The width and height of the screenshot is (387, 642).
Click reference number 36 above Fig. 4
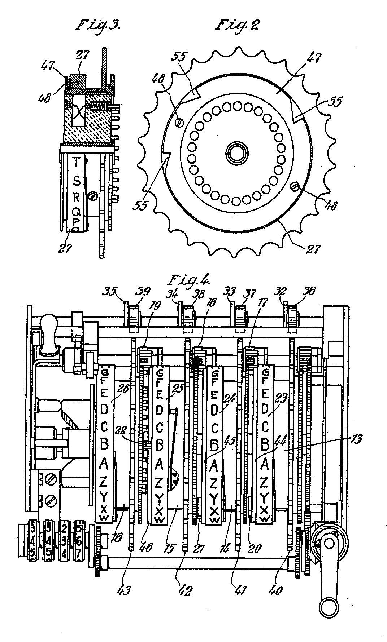(x=310, y=291)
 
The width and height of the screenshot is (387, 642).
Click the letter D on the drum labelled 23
(x=265, y=410)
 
